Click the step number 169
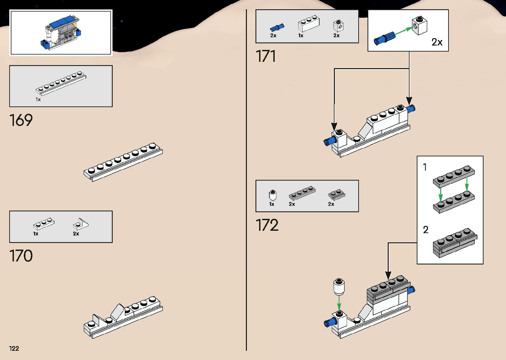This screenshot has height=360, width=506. coord(21,120)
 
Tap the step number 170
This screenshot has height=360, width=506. coord(21,256)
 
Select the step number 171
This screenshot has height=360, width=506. coord(266,56)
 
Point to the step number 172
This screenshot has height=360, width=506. coord(267,225)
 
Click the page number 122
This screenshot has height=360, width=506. coord(14,348)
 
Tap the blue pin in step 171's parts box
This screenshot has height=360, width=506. coord(277,27)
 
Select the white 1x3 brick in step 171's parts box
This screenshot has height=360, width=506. coord(309,23)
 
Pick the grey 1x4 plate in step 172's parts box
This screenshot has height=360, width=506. coord(302,193)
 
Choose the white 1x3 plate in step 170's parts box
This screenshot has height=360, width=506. coord(44,224)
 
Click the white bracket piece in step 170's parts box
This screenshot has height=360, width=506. coord(81,224)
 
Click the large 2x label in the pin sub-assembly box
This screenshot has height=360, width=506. coord(437,42)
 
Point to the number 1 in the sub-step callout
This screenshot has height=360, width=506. coord(425,167)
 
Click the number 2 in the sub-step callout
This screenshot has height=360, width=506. coord(426,230)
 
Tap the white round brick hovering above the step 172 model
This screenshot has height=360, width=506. coord(339,287)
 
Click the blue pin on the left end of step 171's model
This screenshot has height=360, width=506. coord(330,141)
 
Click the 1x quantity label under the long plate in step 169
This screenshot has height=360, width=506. coord(38,100)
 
